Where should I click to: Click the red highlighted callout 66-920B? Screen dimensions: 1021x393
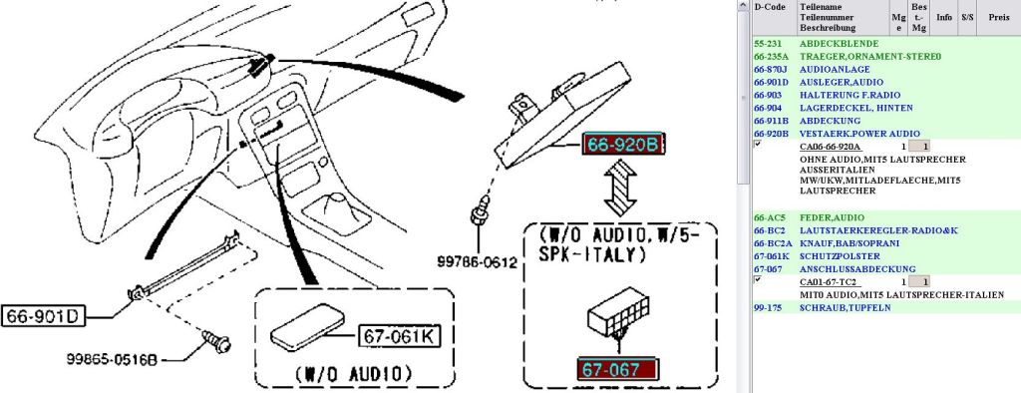pyautogui.click(x=623, y=145)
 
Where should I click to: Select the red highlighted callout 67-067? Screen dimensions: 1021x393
pyautogui.click(x=616, y=369)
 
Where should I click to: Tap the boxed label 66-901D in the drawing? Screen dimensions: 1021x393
pyautogui.click(x=42, y=317)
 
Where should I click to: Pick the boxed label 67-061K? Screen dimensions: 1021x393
pyautogui.click(x=399, y=336)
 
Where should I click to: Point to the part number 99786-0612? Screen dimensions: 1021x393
pyautogui.click(x=477, y=262)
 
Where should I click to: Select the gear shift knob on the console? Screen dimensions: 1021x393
pyautogui.click(x=341, y=204)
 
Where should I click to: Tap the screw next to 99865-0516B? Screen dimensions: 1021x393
pyautogui.click(x=216, y=340)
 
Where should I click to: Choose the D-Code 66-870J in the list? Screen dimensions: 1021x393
pyautogui.click(x=771, y=69)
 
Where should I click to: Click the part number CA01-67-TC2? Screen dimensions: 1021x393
pyautogui.click(x=828, y=282)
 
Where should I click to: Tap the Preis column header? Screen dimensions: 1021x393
pyautogui.click(x=999, y=18)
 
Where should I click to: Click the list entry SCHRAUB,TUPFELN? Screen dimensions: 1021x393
pyautogui.click(x=845, y=307)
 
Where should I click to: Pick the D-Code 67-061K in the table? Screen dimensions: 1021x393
pyautogui.click(x=771, y=256)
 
